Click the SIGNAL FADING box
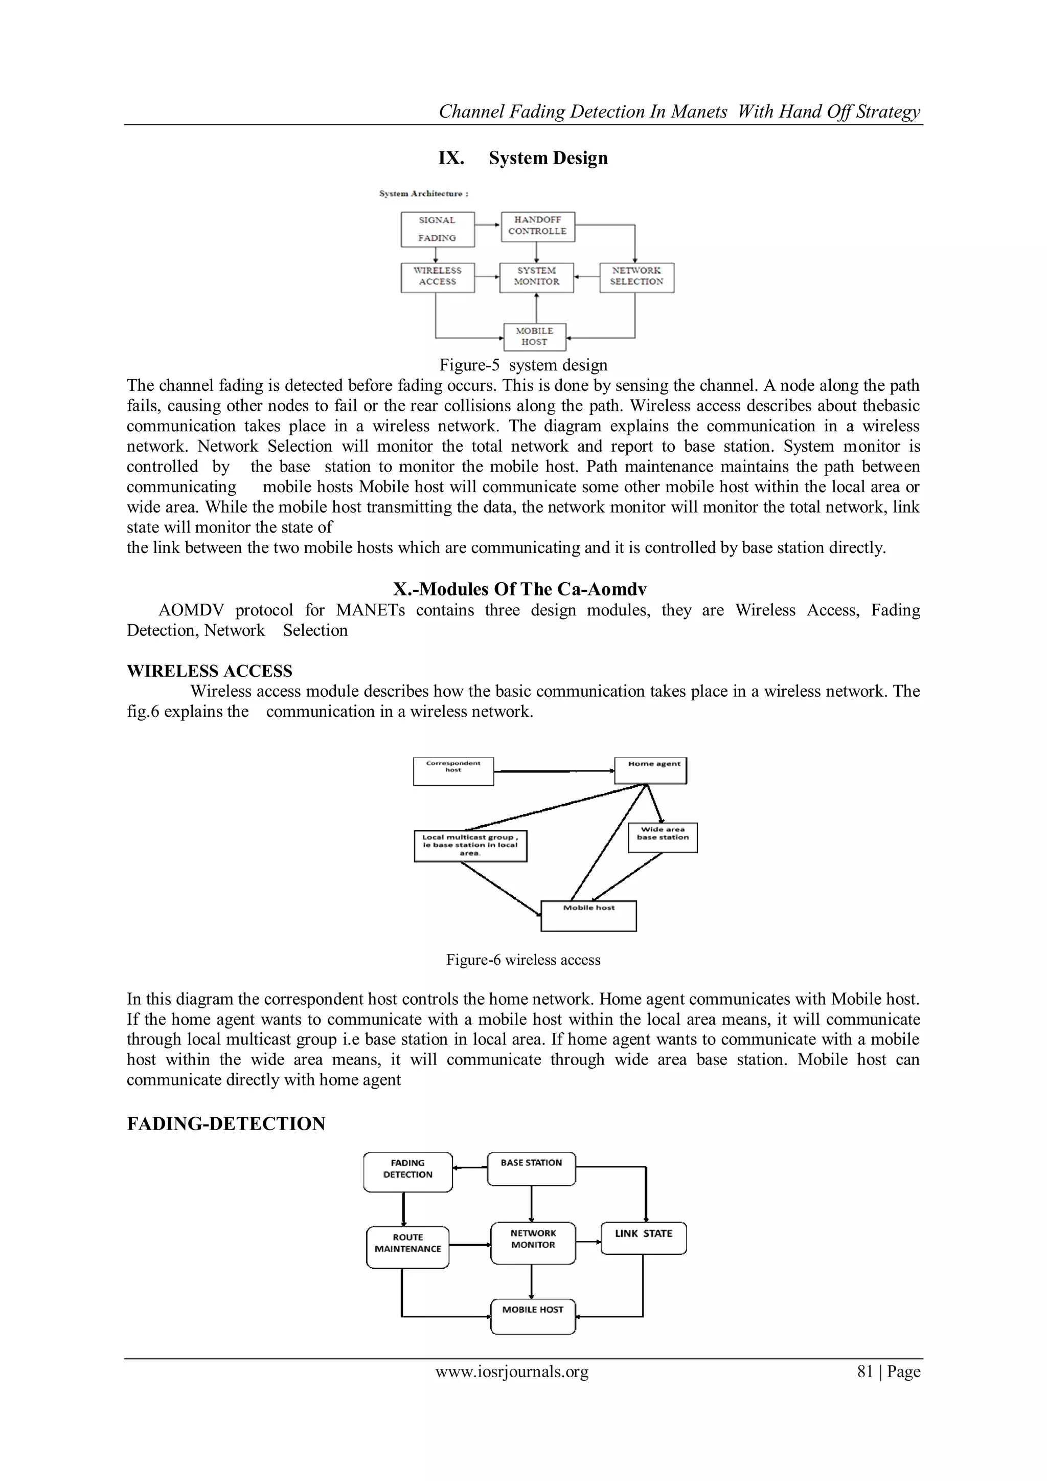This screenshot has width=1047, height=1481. coord(437,229)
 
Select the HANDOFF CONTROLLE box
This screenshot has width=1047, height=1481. coord(538,227)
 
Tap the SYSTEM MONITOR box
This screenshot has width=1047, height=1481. coord(536,277)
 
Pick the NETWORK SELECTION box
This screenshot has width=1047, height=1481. coord(636,277)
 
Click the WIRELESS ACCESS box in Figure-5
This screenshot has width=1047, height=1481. coord(437,277)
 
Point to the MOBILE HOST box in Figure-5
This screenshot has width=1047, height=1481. coord(534,337)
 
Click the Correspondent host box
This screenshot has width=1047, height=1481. coord(453,771)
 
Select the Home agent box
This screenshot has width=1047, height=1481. coord(650,770)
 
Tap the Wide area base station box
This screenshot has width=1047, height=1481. coord(663,837)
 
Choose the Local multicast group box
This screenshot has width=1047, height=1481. coord(470,846)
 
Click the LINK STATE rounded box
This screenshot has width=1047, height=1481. coord(644,1238)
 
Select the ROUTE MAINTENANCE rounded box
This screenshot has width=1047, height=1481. coord(407,1247)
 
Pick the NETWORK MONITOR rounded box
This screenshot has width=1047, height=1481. coord(533,1243)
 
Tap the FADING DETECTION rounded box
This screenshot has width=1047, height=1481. coord(407,1172)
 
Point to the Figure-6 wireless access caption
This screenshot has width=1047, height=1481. coord(523,960)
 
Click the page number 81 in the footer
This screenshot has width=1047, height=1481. coord(864,1372)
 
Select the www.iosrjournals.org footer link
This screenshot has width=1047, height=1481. coord(512,1372)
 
